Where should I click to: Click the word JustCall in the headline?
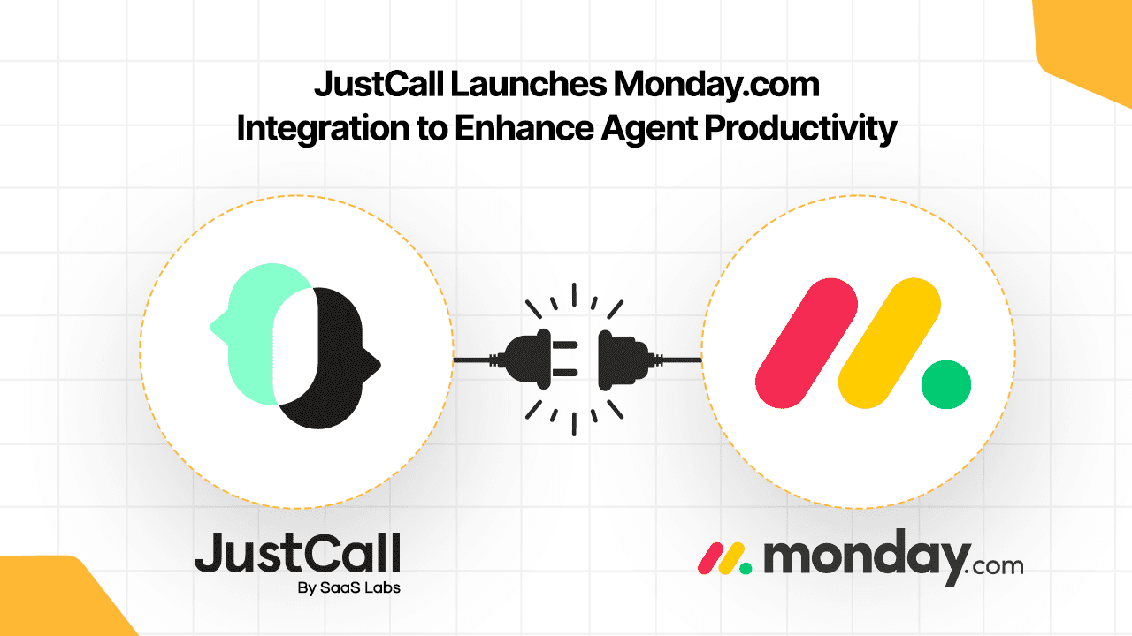click(x=379, y=84)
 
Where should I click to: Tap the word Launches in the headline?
click(x=528, y=84)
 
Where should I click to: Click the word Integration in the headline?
click(x=323, y=129)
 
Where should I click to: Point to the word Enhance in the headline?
click(x=524, y=128)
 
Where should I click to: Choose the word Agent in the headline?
click(x=649, y=130)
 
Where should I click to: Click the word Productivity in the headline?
click(x=800, y=130)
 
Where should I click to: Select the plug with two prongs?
click(x=540, y=359)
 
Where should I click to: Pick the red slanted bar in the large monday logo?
click(x=807, y=343)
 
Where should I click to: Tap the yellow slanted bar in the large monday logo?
click(x=890, y=343)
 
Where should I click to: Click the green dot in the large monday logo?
click(x=946, y=384)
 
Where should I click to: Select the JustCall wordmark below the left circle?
click(x=298, y=553)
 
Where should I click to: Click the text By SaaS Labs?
click(x=348, y=588)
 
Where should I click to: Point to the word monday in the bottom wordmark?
click(x=868, y=559)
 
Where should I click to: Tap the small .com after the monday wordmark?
click(x=993, y=566)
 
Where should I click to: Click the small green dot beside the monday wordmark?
click(x=746, y=568)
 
